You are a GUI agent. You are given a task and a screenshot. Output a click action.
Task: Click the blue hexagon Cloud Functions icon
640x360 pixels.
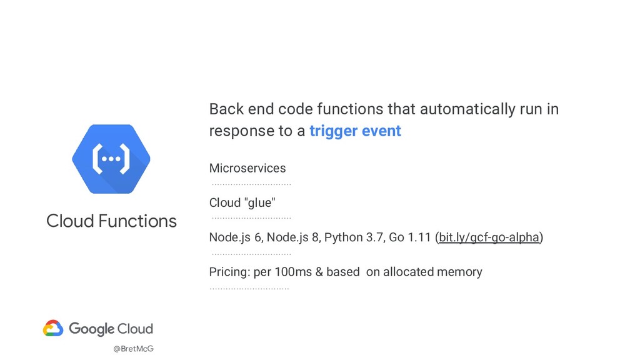pos(111,159)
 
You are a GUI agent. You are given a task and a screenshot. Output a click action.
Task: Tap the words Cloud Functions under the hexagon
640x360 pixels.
pos(111,221)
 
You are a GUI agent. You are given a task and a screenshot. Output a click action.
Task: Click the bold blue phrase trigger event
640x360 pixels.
pos(355,131)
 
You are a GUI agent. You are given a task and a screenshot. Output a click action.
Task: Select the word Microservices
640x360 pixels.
pos(247,168)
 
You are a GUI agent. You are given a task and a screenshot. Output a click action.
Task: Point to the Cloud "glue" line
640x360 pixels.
pos(241,202)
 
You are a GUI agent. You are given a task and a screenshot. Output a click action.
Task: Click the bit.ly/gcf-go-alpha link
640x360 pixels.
pos(489,237)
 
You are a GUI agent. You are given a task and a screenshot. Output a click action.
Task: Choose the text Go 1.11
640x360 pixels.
pos(409,237)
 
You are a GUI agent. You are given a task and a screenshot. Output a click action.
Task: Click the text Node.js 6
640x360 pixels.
pos(235,237)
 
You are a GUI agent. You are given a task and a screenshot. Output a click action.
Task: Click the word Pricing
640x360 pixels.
pos(229,272)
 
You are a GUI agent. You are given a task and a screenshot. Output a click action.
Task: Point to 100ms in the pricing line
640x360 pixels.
pos(296,272)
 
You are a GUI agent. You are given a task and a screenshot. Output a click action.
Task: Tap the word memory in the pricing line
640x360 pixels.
pos(460,272)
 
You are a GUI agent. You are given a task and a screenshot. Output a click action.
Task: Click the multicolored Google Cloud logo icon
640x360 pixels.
pos(53,329)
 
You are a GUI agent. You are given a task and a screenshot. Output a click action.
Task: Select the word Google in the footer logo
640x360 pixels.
pos(91,329)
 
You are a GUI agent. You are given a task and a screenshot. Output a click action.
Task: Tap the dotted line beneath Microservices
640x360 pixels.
pos(251,184)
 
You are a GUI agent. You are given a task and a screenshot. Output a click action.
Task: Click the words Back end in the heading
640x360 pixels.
pos(241,109)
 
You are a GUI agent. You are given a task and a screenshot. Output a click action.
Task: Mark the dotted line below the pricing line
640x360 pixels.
pos(249,289)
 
